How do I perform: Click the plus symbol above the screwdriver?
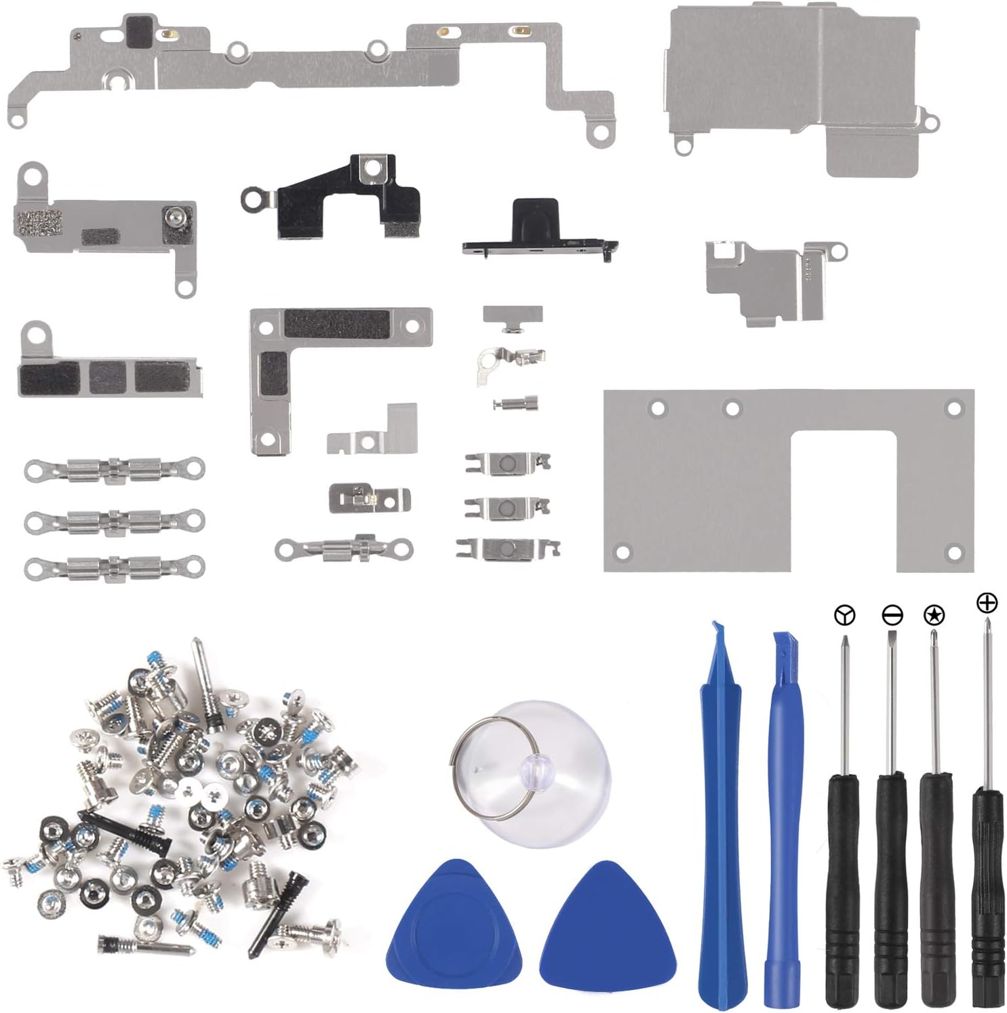pos(987,602)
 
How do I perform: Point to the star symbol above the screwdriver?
pos(934,615)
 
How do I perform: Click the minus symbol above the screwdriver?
pos(892,615)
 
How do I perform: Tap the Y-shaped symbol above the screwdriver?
pos(844,615)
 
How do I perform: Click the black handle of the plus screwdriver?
pos(987,895)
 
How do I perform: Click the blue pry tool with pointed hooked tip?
pos(722,814)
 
